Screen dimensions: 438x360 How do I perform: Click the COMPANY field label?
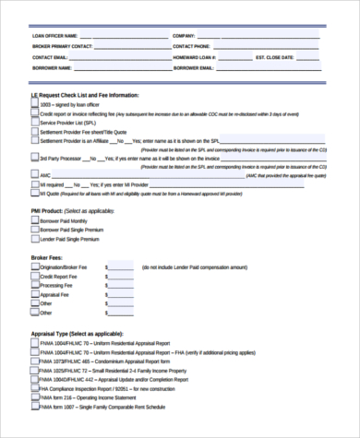tap(185, 35)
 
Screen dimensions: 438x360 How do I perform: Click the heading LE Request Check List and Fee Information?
tap(86, 95)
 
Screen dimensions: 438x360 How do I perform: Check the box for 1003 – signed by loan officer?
tap(35, 105)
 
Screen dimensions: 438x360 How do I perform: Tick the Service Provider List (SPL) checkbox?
tap(35, 123)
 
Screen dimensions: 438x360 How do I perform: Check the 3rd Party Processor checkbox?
tap(35, 158)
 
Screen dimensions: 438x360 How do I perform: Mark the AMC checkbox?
tap(35, 174)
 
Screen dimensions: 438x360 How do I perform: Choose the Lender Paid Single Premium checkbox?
tap(35, 239)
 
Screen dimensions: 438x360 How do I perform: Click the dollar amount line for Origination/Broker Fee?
tap(123, 268)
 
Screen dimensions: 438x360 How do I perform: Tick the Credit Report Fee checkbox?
tap(35, 277)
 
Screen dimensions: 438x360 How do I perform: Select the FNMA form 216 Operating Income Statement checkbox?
tap(35, 397)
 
